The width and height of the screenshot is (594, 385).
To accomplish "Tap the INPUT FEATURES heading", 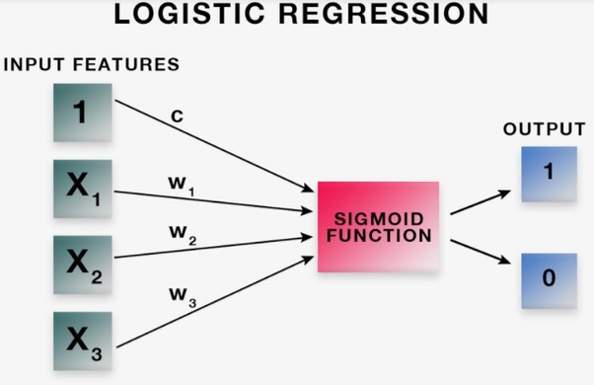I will (x=92, y=65).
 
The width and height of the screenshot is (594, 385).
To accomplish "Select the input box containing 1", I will (x=81, y=113).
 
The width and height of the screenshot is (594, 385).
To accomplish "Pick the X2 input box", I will (x=81, y=264).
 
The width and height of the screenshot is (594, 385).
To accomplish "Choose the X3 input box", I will (x=81, y=342).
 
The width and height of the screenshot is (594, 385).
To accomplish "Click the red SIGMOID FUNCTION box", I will (x=378, y=227).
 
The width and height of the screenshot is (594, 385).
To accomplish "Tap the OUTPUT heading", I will (x=544, y=129).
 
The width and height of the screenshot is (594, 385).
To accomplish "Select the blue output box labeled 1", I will (x=549, y=174).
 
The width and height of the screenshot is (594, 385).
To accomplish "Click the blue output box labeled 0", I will (x=549, y=280).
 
